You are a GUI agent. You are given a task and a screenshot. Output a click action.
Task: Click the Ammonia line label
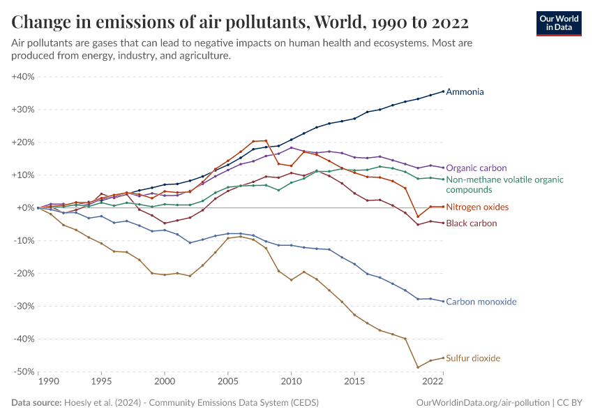465,91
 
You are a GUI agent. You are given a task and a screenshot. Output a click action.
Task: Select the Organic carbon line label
476,168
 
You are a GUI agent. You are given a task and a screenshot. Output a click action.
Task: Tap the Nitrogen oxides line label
477,207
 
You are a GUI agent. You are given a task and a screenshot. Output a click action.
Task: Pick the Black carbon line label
471,223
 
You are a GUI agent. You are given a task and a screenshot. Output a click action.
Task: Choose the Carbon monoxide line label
481,302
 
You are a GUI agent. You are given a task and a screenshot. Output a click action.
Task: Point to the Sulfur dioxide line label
473,358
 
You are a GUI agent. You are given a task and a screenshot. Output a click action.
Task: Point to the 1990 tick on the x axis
47,382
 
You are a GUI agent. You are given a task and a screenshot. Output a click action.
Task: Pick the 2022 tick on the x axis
433,382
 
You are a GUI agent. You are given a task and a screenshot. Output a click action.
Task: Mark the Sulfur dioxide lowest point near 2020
418,367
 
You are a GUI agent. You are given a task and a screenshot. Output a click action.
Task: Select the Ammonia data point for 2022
443,91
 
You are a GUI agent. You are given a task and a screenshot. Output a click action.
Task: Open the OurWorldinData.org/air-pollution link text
482,403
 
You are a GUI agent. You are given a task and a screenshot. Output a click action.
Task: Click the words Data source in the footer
36,403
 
